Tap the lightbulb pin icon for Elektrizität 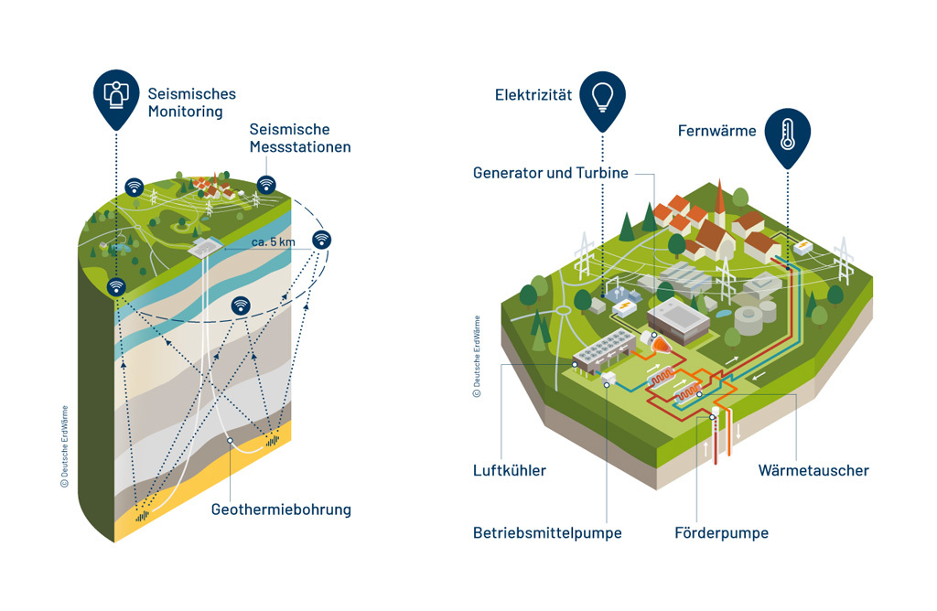(603, 95)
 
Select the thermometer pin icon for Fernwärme (787, 134)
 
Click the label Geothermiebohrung (281, 509)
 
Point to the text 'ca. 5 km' (272, 243)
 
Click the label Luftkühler (510, 470)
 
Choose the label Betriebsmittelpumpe (547, 532)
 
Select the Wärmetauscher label (813, 470)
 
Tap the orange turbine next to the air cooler (657, 342)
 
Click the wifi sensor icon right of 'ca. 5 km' (322, 240)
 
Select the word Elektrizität (533, 95)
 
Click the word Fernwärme (716, 131)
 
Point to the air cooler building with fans (602, 348)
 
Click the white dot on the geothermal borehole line (231, 440)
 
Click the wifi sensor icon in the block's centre (241, 305)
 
